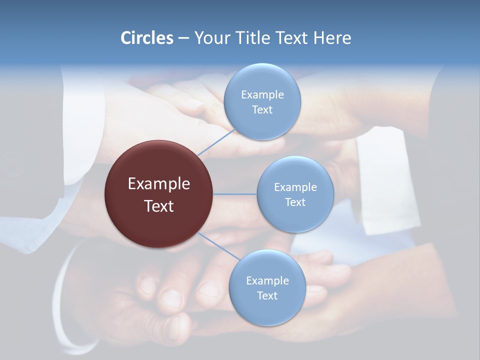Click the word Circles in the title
[x=146, y=38]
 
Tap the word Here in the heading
[x=332, y=38]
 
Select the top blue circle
[x=262, y=125]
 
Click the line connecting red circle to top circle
[x=216, y=142]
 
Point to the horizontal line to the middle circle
[x=234, y=194]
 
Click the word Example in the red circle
[x=159, y=183]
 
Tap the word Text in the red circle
[x=159, y=206]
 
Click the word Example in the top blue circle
[x=262, y=94]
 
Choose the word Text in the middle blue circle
[x=295, y=202]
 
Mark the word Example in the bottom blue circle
[x=267, y=280]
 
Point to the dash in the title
[x=183, y=38]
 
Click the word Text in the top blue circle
[x=262, y=110]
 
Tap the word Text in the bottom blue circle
[x=267, y=295]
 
